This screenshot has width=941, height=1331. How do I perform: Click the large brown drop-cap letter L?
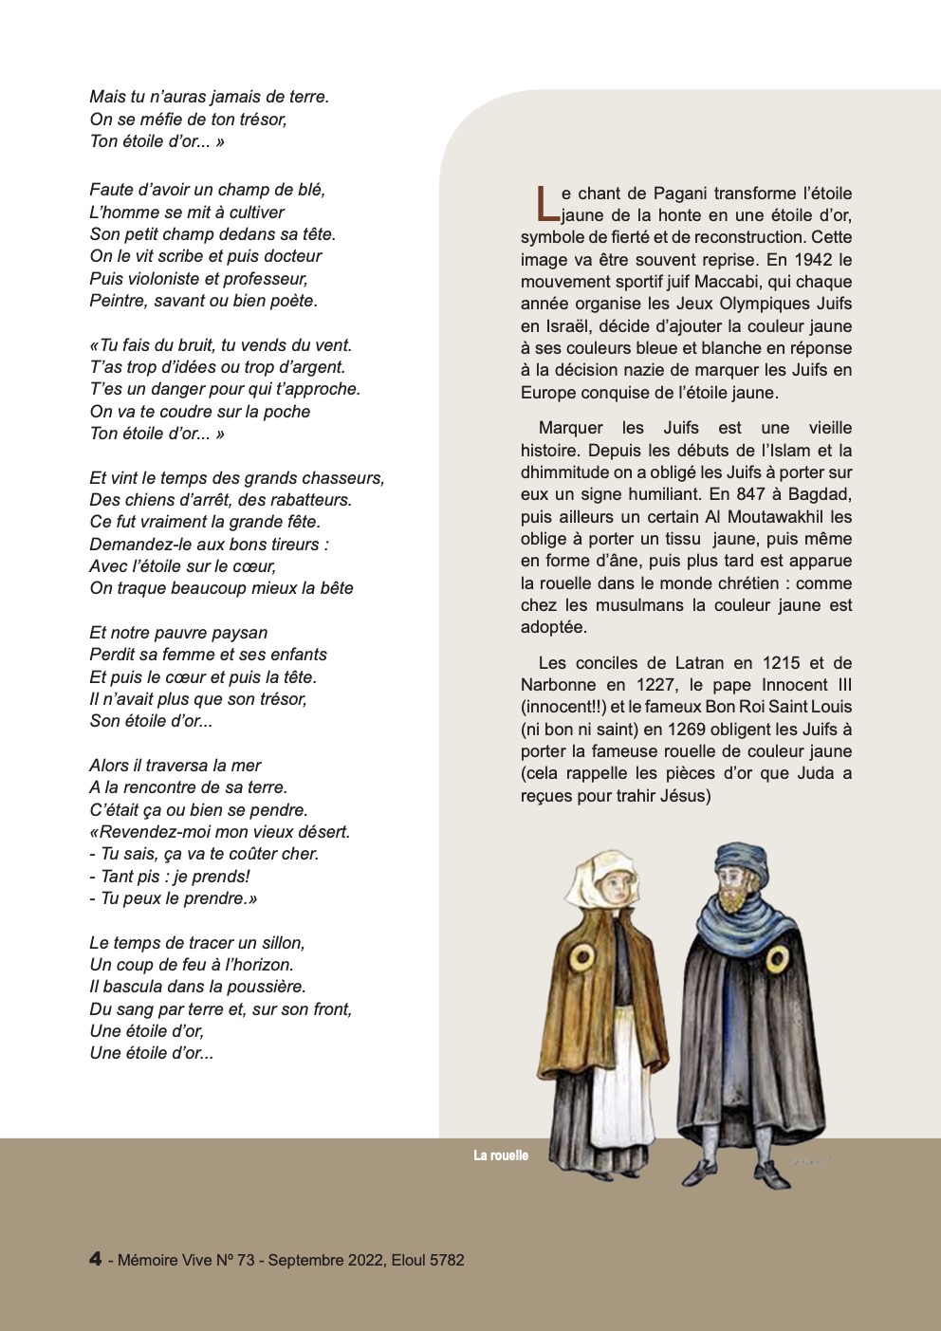coord(543,203)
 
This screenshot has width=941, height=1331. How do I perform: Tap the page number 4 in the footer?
coord(96,1259)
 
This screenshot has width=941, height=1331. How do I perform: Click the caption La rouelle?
coord(501,1155)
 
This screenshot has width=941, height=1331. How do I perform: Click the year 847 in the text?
coord(751,494)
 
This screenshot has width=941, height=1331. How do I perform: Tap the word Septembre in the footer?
coord(305,1260)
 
